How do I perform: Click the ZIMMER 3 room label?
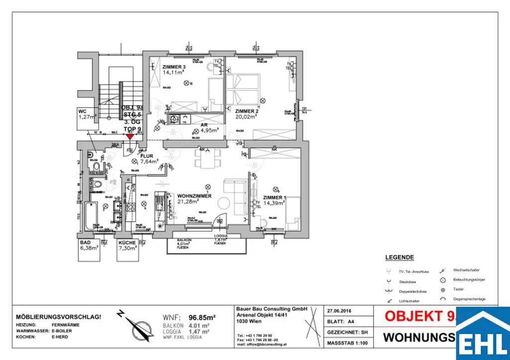174,67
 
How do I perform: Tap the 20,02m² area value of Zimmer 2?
246,117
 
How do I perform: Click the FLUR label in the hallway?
147,155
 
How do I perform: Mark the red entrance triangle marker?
129,136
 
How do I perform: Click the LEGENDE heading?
399,258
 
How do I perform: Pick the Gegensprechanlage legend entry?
468,299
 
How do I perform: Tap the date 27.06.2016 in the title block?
340,309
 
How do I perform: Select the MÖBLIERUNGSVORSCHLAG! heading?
59,317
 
